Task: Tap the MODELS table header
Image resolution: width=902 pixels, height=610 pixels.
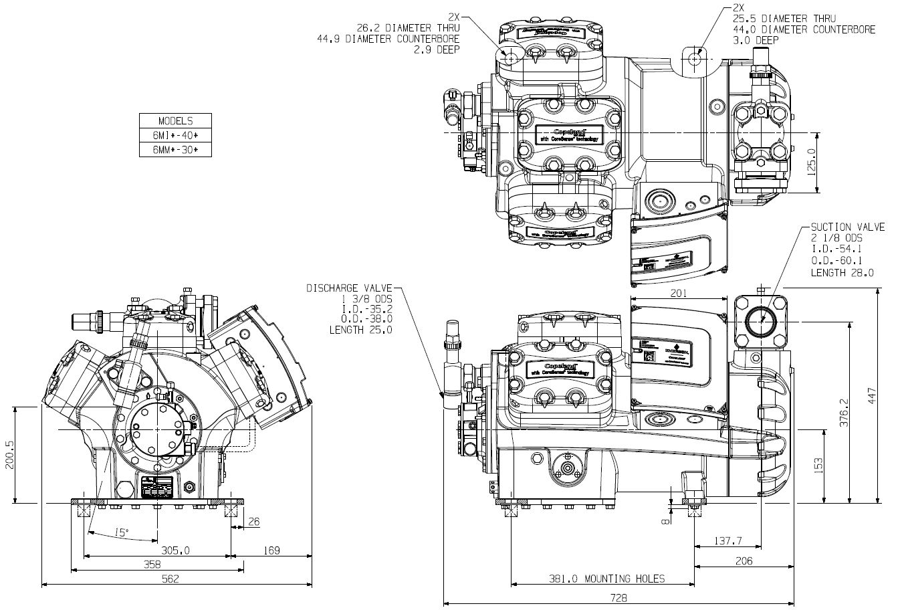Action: pos(175,121)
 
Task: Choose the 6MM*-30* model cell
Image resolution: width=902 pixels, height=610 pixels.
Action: pos(175,150)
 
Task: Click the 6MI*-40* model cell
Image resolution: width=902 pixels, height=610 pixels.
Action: pos(175,136)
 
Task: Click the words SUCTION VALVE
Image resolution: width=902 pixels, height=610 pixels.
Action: pos(847,227)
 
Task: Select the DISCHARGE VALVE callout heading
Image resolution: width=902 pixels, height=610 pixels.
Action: pos(349,288)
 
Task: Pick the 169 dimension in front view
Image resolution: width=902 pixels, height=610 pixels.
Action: pos(270,550)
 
